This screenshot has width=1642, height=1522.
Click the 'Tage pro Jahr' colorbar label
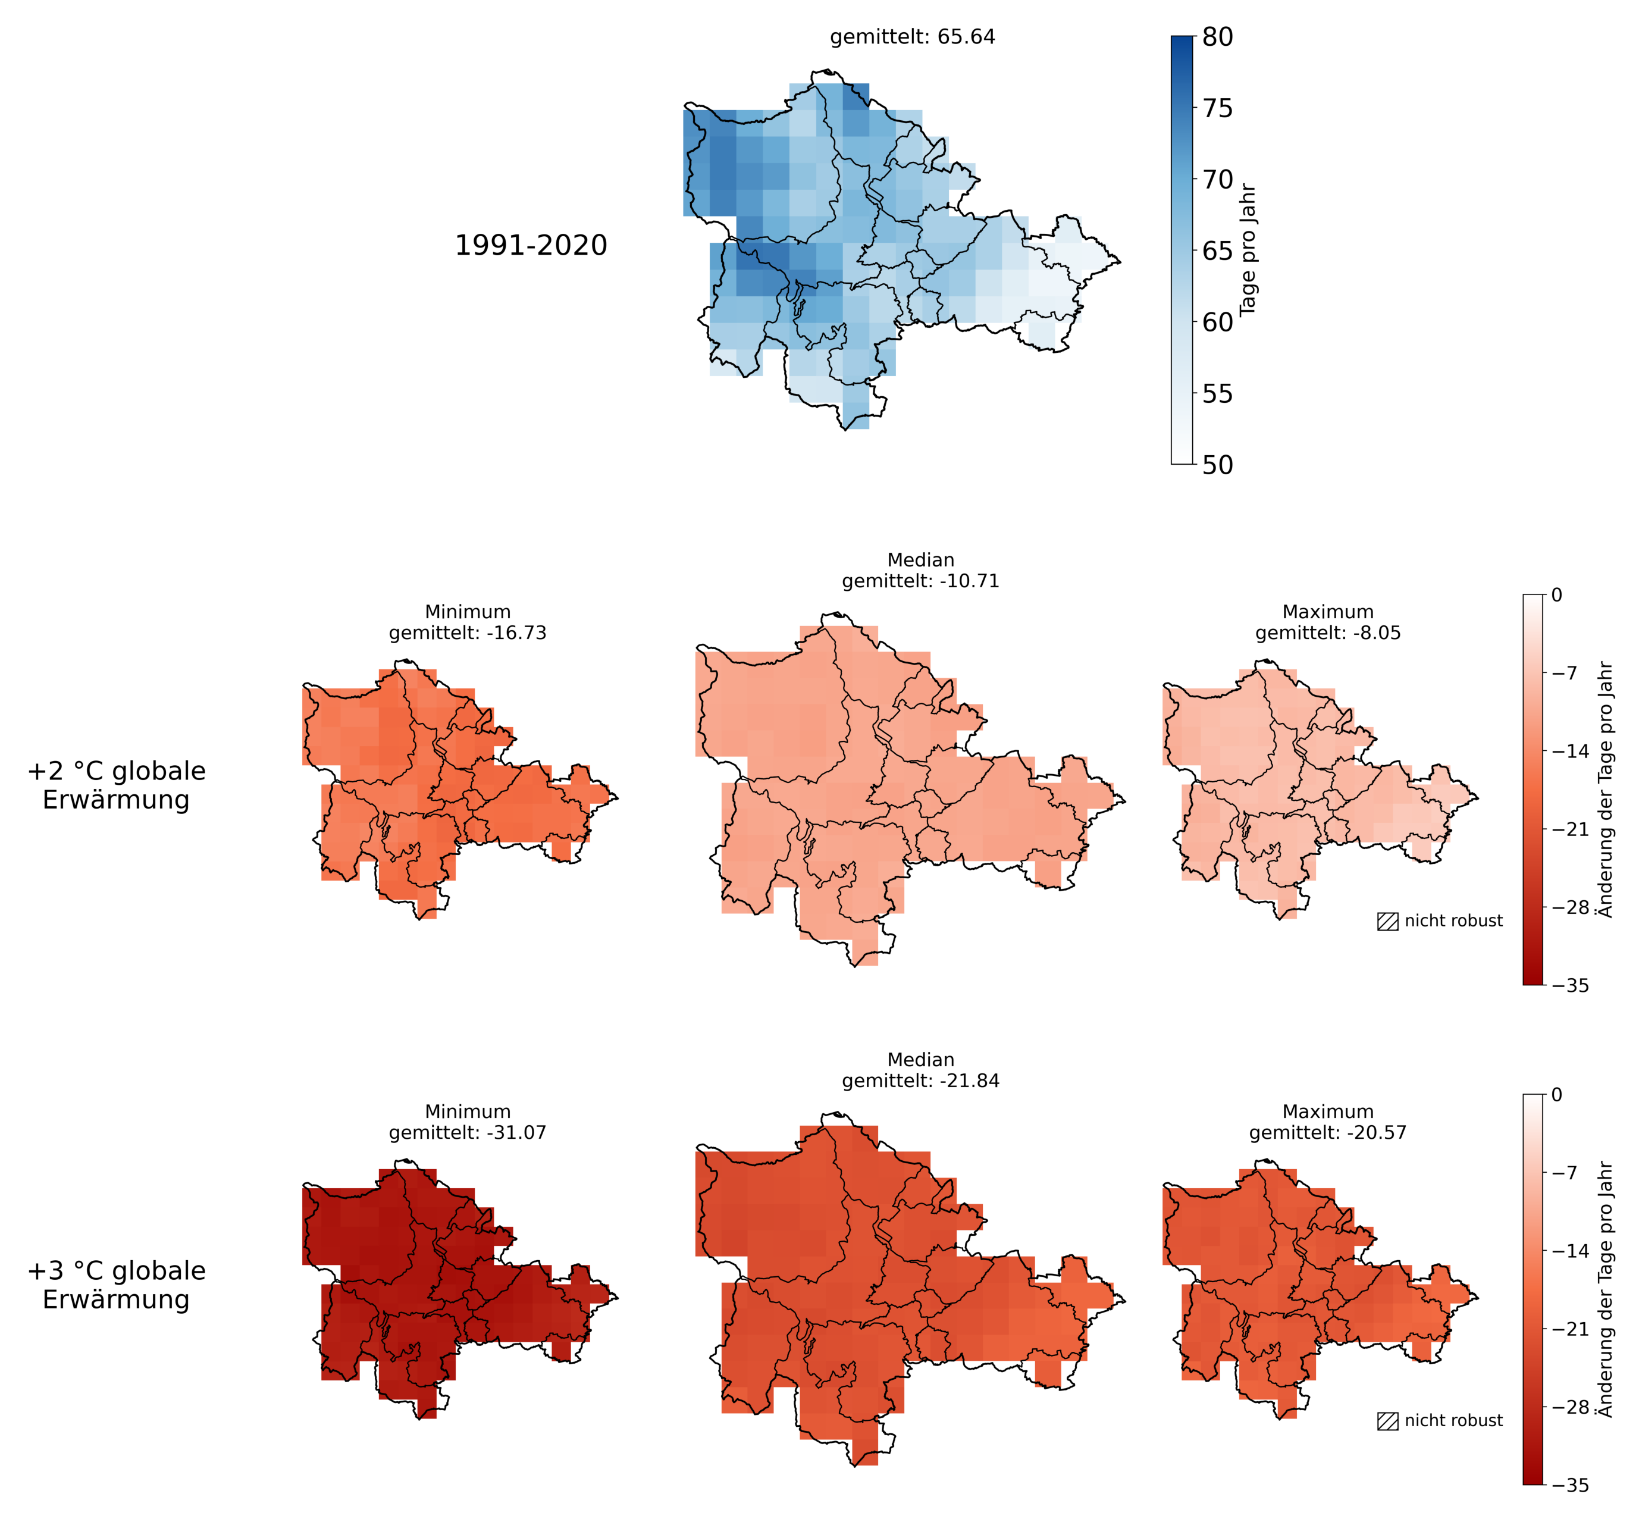click(x=1248, y=249)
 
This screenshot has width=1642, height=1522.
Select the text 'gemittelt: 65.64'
click(x=913, y=37)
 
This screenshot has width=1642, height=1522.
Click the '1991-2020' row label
click(x=531, y=245)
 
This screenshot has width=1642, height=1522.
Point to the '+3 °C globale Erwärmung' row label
click(x=116, y=1285)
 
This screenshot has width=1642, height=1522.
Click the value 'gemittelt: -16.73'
click(x=468, y=633)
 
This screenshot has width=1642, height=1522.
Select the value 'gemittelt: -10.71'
click(x=920, y=581)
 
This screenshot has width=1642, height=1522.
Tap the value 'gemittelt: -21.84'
click(x=920, y=1081)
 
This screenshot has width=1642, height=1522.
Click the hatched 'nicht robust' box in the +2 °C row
click(x=1387, y=922)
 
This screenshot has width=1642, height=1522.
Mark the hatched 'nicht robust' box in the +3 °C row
click(x=1387, y=1421)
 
